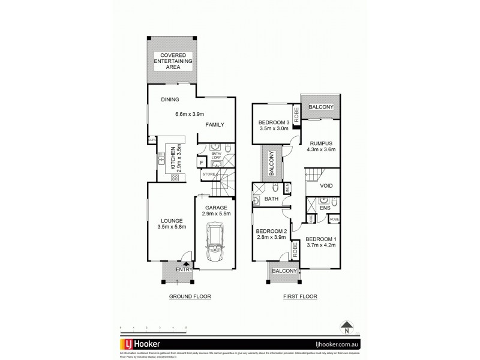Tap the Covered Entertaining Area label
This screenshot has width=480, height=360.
coord(172,62)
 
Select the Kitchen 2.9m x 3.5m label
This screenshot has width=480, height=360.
coord(175,159)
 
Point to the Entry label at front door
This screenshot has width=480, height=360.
coord(183,270)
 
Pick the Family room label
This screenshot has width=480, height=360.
coord(214,125)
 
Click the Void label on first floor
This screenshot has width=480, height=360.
coord(326,186)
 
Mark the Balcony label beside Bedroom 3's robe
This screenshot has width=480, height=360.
coord(320,107)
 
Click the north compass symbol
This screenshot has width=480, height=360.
coord(346,327)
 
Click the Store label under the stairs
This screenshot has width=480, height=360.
coord(208,175)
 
